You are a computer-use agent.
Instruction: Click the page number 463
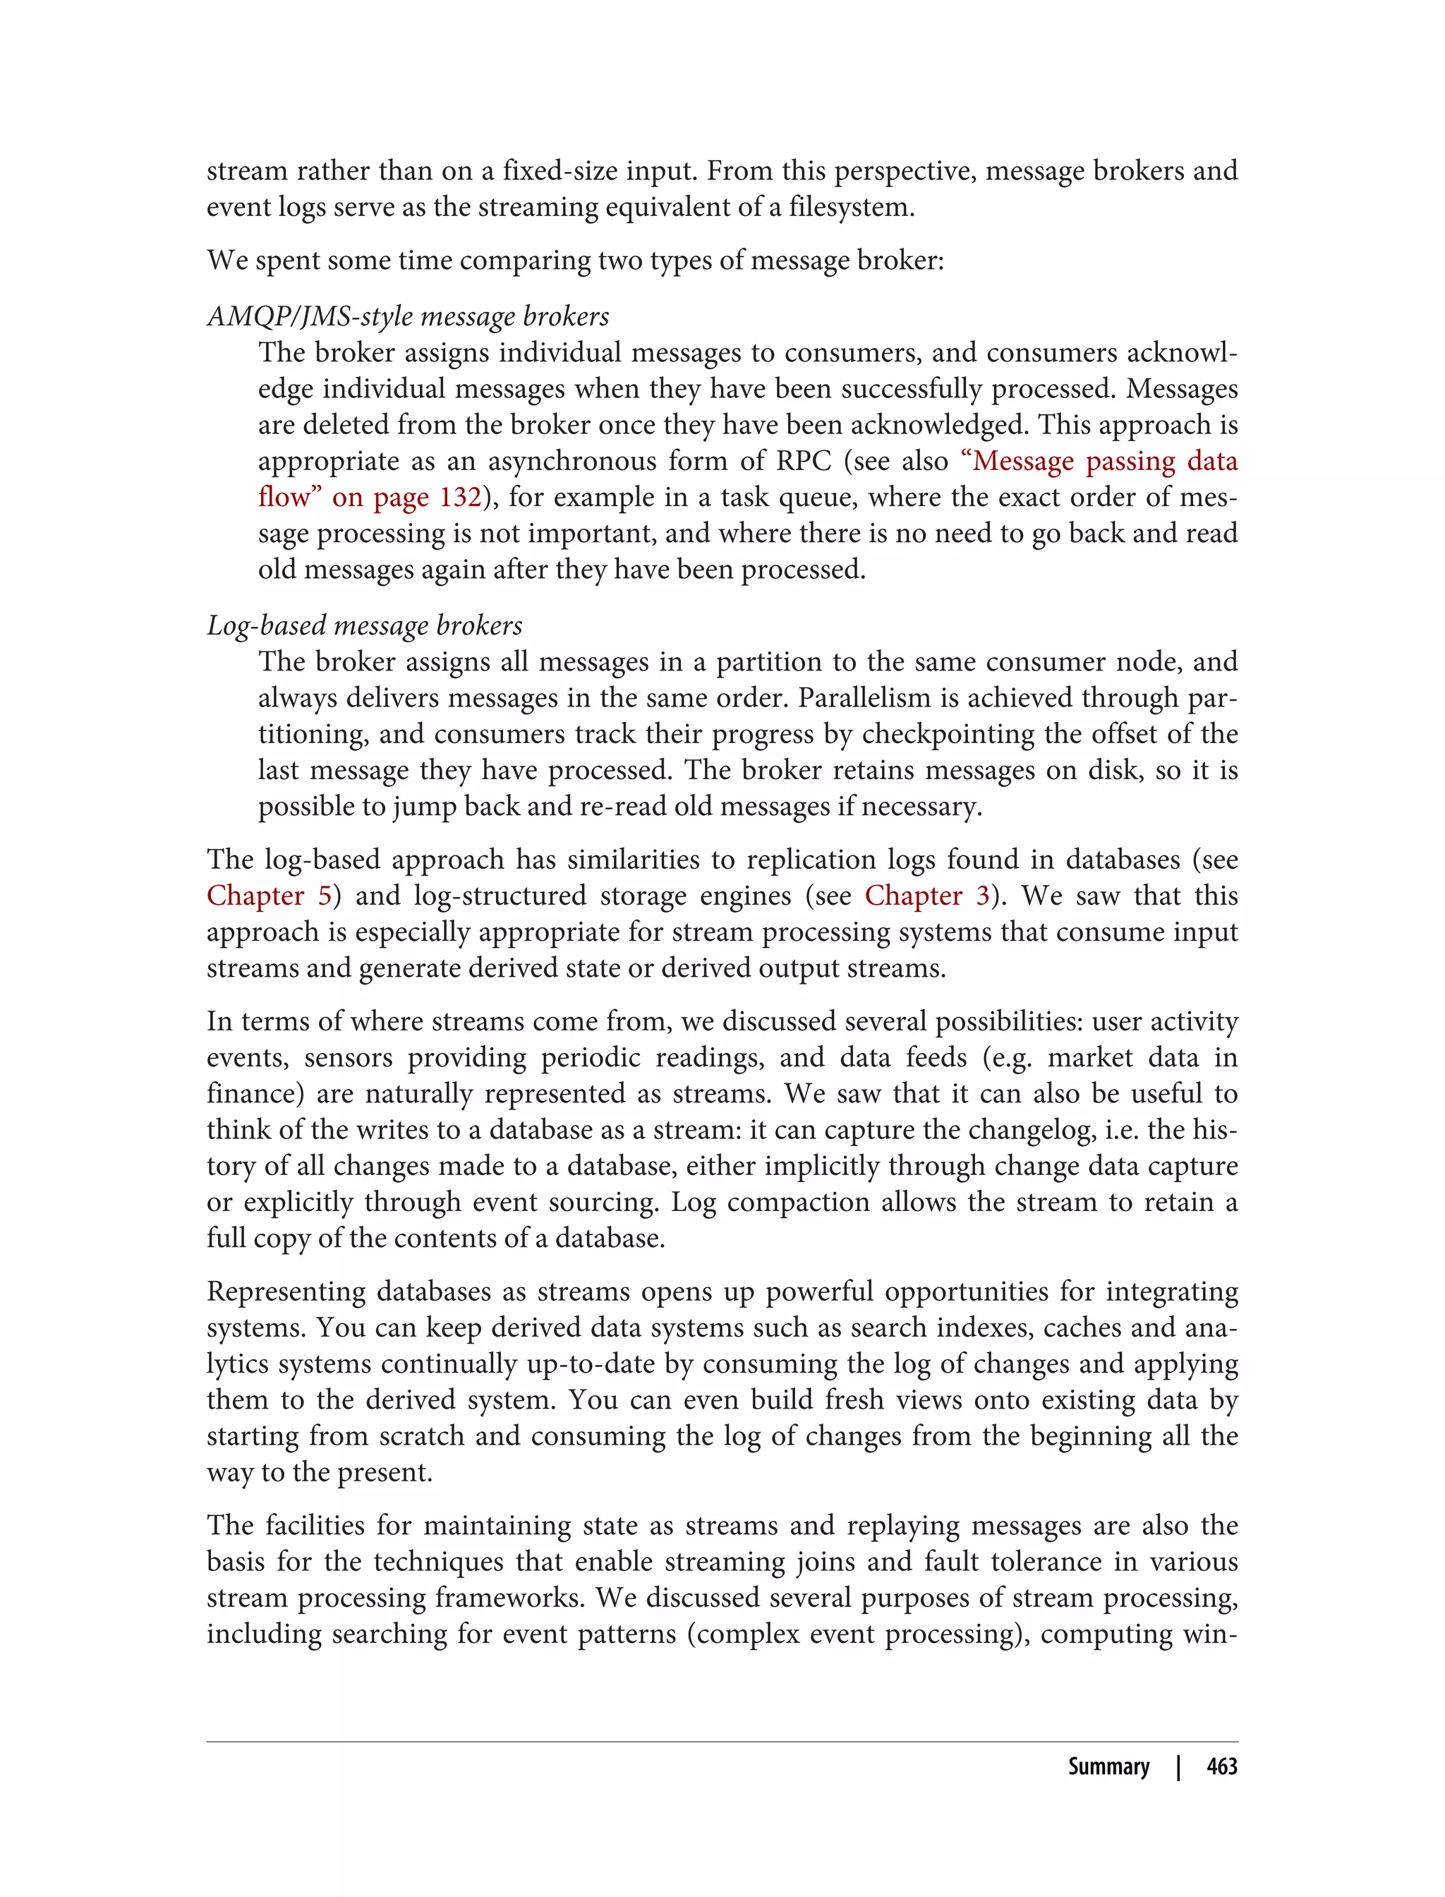(x=1221, y=1766)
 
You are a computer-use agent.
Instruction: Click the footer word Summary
(x=1108, y=1766)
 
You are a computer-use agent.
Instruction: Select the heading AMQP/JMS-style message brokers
(x=408, y=317)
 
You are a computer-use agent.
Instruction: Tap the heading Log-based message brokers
(x=365, y=625)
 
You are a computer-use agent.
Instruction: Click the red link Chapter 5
(x=268, y=896)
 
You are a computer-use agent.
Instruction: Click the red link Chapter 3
(x=926, y=896)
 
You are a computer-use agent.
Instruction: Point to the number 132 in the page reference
(x=459, y=498)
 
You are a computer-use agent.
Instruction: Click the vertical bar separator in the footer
(x=1178, y=1766)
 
